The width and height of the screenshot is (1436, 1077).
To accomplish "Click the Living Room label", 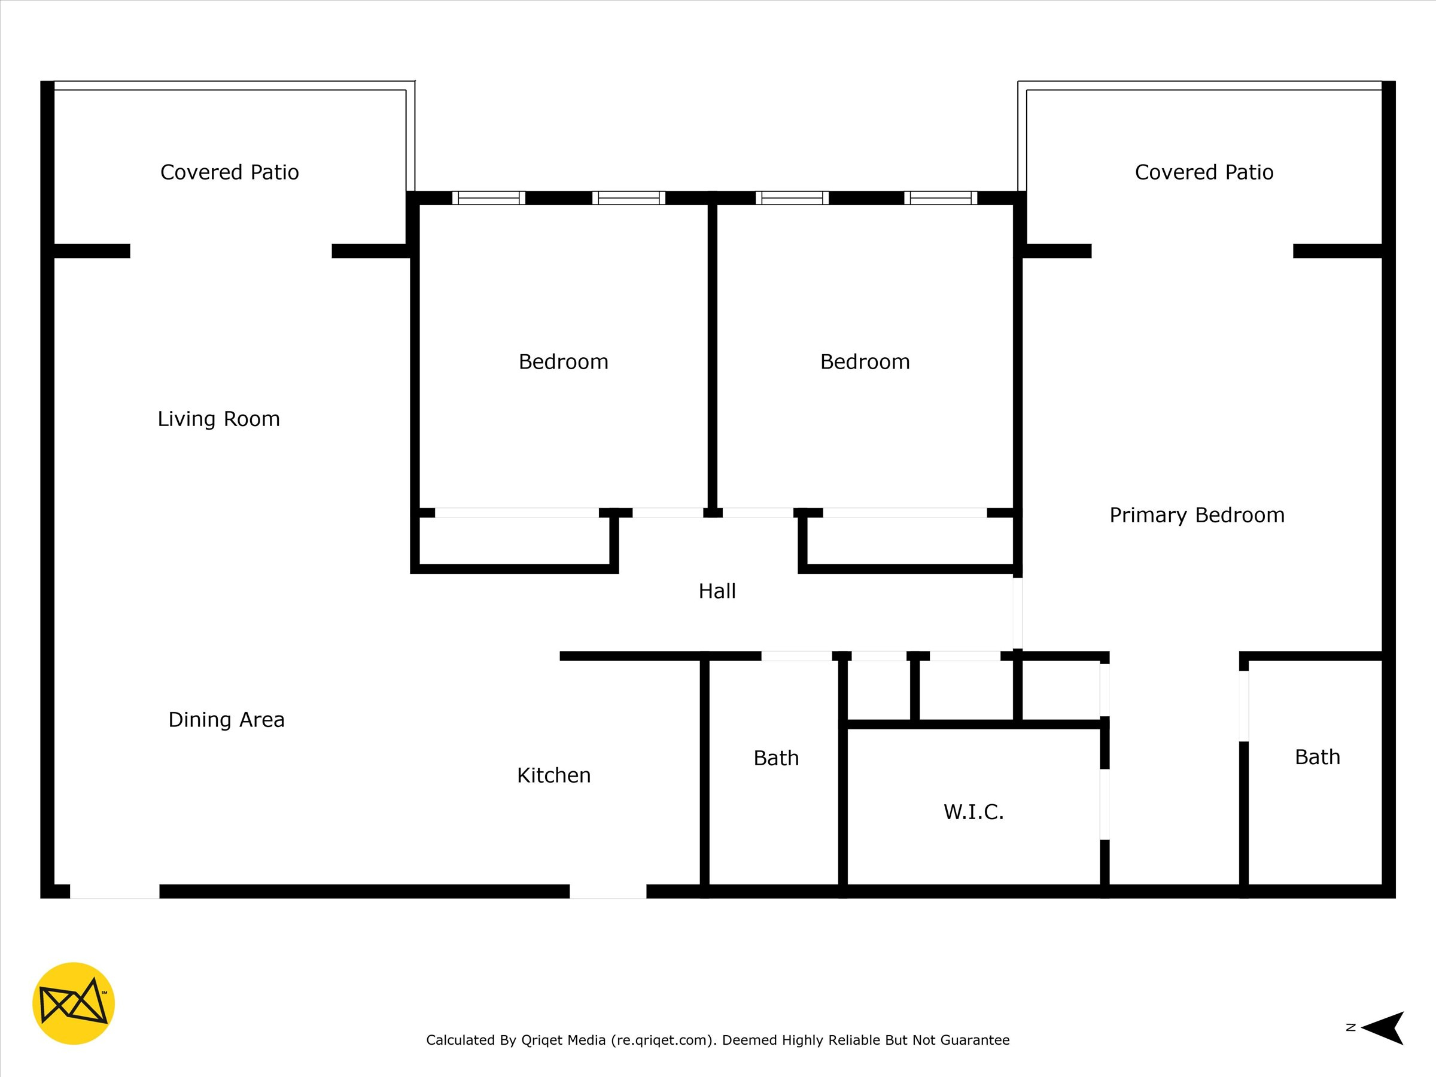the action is tap(219, 419).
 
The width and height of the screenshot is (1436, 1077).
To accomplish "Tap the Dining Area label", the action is tap(227, 720).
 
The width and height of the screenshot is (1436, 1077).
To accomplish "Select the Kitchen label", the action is tap(553, 775).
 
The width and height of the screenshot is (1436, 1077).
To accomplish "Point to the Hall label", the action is tap(717, 591).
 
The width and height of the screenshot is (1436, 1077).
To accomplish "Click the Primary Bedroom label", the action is tap(1197, 515).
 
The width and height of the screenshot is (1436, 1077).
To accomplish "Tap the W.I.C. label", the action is tap(973, 811).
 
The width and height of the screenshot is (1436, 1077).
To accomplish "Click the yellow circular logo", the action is tap(74, 1003).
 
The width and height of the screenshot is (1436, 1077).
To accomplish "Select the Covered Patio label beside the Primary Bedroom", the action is tap(1204, 172).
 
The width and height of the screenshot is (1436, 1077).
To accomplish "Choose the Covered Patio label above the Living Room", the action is tap(230, 172).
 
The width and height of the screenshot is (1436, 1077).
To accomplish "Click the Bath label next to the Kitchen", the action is tap(777, 758).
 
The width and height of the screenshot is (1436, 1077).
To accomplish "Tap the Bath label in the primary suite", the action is tap(1318, 757).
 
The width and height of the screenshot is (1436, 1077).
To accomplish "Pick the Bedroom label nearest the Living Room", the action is tap(564, 361).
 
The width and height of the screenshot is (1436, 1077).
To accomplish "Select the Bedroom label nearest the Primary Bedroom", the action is tap(865, 361).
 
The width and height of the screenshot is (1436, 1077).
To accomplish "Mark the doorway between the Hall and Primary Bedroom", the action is tap(1018, 613).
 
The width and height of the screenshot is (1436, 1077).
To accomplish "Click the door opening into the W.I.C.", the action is tap(1105, 804).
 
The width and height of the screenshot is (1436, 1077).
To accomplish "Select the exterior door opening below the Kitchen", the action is tap(609, 892).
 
